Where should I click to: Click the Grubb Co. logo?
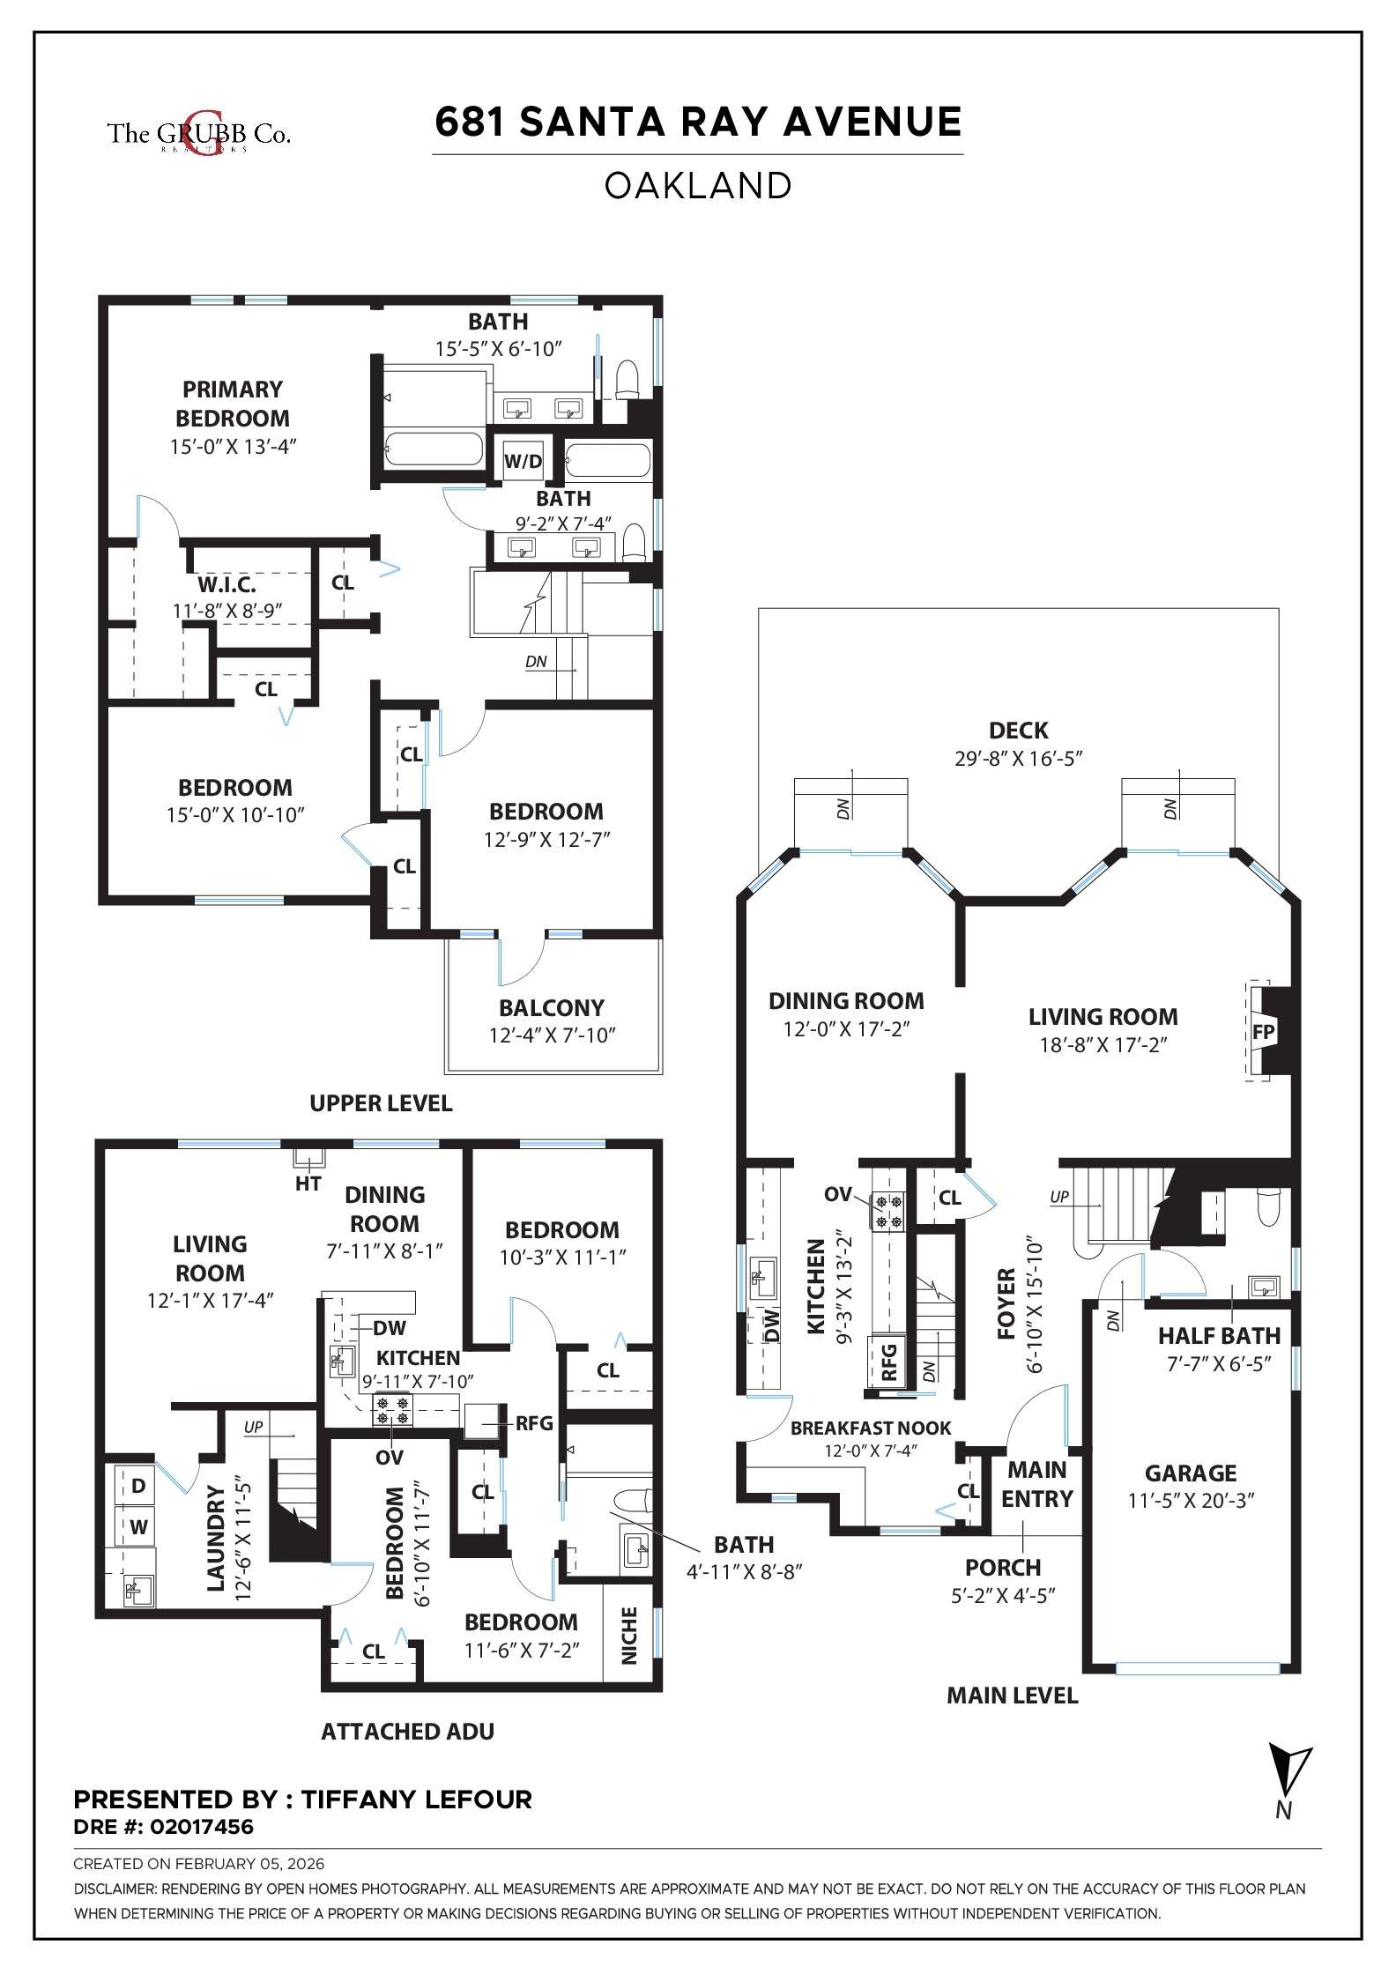198,134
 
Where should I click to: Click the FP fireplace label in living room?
1263,1032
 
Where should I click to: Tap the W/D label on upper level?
523,461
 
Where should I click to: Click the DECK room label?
1018,731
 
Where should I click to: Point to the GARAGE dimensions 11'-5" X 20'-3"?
1191,1501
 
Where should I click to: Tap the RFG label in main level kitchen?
888,1362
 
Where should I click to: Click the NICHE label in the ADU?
629,1636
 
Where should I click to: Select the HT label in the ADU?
308,1184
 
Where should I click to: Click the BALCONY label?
552,1008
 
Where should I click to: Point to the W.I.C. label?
226,584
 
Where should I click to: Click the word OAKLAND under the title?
697,186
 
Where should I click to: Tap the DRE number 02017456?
201,1827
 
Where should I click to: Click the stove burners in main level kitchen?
888,1211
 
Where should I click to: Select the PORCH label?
1002,1568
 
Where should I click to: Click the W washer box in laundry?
138,1526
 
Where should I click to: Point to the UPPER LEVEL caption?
381,1103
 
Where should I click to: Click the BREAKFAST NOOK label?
870,1429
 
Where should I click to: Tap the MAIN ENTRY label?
1036,1484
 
